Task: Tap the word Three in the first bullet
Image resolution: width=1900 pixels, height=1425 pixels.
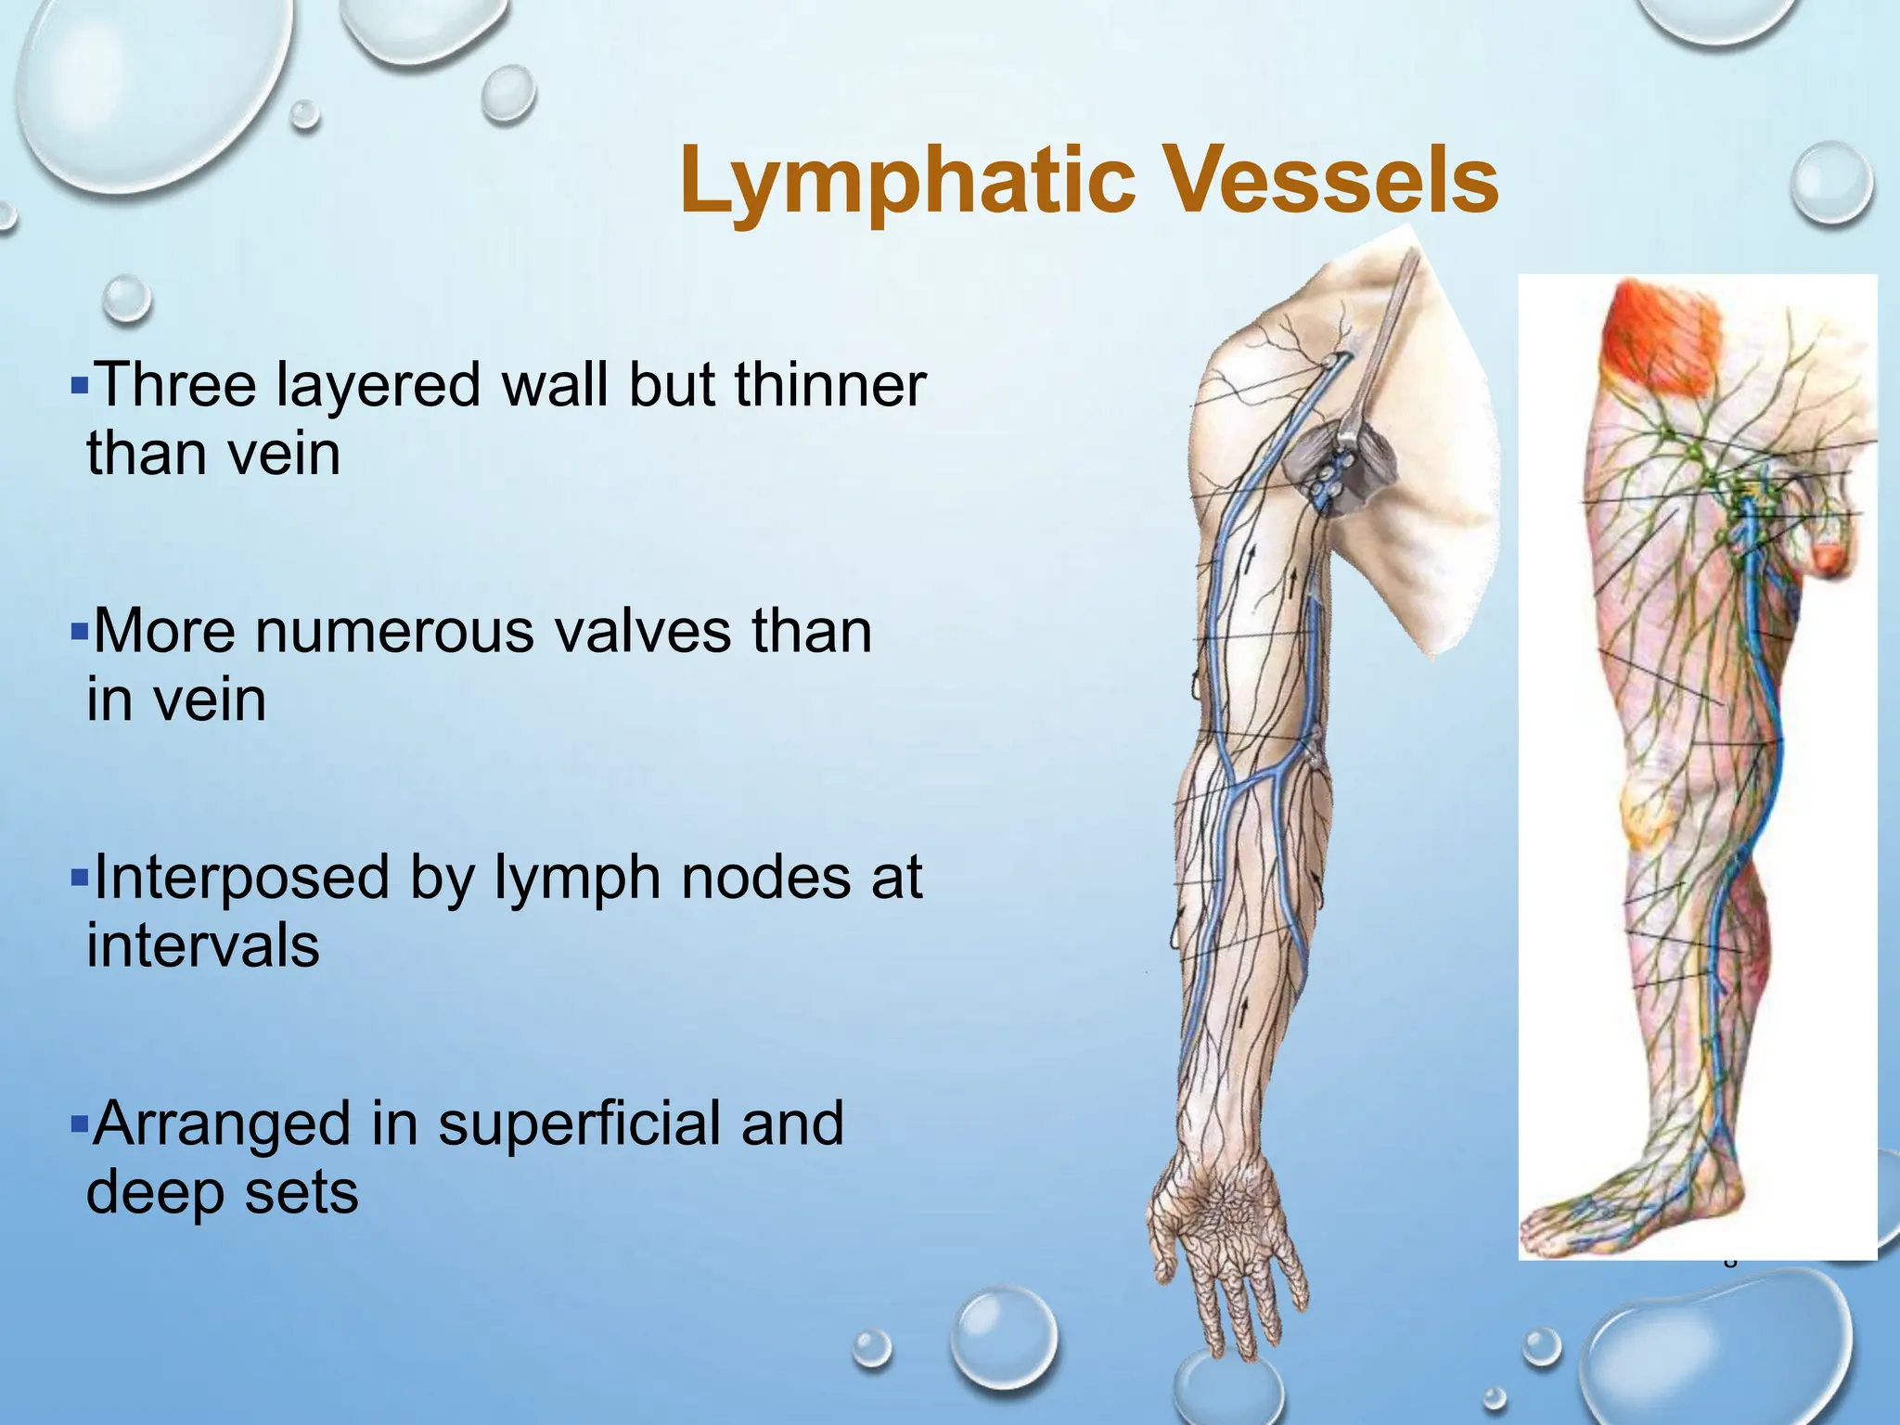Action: click(x=177, y=384)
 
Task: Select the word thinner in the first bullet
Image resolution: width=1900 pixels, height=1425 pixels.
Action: click(x=829, y=384)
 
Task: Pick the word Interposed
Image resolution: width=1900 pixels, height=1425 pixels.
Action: click(x=241, y=878)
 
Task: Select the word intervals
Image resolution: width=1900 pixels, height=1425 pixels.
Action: click(x=203, y=946)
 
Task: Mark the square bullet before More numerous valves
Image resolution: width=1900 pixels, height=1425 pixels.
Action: click(x=78, y=631)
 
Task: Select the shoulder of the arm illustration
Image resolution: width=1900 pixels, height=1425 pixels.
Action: click(x=1262, y=343)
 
